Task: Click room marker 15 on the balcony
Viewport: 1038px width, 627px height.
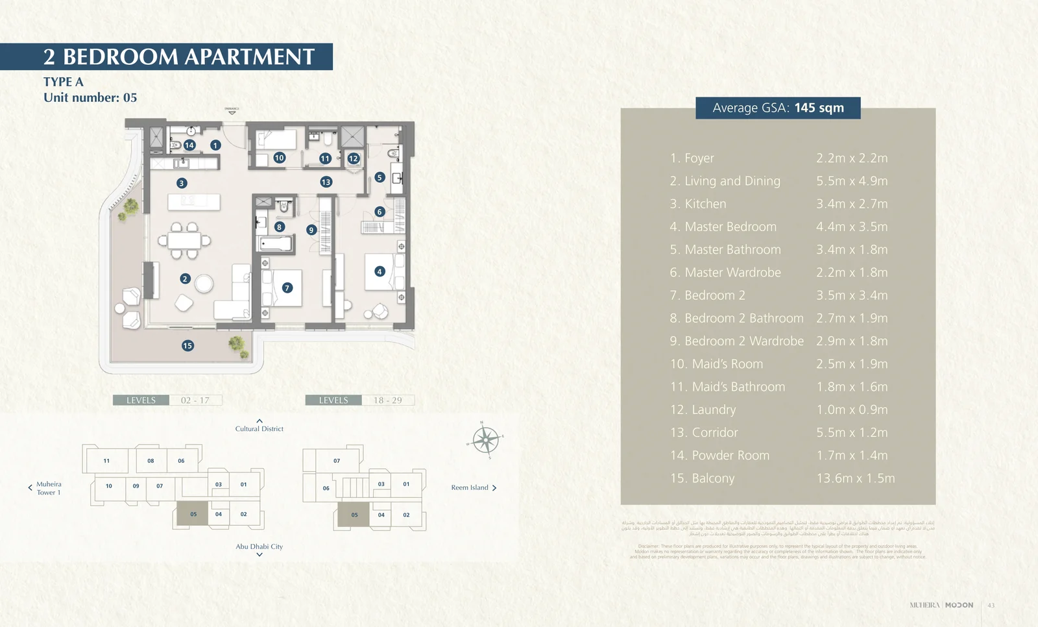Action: point(187,345)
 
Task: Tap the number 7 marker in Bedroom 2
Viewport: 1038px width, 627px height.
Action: point(287,288)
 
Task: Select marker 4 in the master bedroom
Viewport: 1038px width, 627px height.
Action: point(380,271)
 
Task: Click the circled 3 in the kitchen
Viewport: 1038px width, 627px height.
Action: point(182,183)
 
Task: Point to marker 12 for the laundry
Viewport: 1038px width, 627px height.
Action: point(354,158)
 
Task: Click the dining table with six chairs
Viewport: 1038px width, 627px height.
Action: point(184,240)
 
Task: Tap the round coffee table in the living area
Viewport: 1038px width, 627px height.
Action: point(204,284)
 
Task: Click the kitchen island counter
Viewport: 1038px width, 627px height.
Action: point(193,202)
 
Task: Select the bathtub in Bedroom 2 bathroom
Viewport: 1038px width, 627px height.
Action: point(276,244)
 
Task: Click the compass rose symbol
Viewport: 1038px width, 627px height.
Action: point(485,440)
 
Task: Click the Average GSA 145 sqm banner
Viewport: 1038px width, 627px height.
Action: point(778,108)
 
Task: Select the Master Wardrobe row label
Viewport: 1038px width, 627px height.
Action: point(725,273)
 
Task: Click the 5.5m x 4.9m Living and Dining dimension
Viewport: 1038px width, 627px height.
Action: point(852,181)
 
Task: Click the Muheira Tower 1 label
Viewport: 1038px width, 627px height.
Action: point(48,488)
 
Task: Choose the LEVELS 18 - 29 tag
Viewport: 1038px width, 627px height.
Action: point(359,400)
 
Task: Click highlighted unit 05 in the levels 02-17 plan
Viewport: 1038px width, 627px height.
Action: point(193,514)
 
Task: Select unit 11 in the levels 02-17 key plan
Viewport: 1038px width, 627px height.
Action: point(106,461)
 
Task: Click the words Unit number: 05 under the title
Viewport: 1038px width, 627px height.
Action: point(90,97)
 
